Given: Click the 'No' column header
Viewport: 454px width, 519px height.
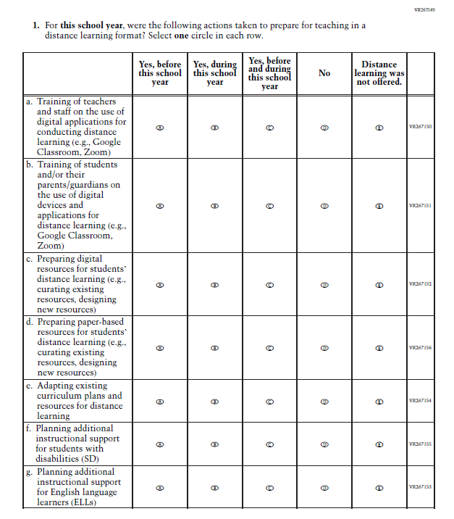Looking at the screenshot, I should point(324,73).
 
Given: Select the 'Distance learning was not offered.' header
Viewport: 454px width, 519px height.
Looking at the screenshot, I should point(379,73).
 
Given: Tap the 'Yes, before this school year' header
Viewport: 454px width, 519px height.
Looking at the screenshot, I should point(160,73).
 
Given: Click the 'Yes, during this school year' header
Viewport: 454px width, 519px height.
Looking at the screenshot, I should point(214,73).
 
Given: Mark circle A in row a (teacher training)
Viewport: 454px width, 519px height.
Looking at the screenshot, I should point(160,128).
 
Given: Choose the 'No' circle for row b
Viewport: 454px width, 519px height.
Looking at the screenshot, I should point(324,206).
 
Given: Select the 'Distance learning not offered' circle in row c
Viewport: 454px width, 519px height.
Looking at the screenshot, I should point(379,285).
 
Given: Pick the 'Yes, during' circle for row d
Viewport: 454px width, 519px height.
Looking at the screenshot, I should point(214,348).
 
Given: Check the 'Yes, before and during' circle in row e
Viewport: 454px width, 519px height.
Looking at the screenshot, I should point(269,401).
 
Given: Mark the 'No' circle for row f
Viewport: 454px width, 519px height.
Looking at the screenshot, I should point(324,444).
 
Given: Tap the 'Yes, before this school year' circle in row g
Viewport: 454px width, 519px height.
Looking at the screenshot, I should point(160,488).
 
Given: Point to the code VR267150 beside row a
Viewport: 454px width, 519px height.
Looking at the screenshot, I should point(420,128).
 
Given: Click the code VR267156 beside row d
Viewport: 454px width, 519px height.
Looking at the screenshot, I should point(420,348).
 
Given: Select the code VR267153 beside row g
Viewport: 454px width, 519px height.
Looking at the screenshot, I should point(420,487).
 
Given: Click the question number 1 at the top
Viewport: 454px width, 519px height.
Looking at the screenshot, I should point(36,25).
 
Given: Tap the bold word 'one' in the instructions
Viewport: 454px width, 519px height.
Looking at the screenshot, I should point(183,36).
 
